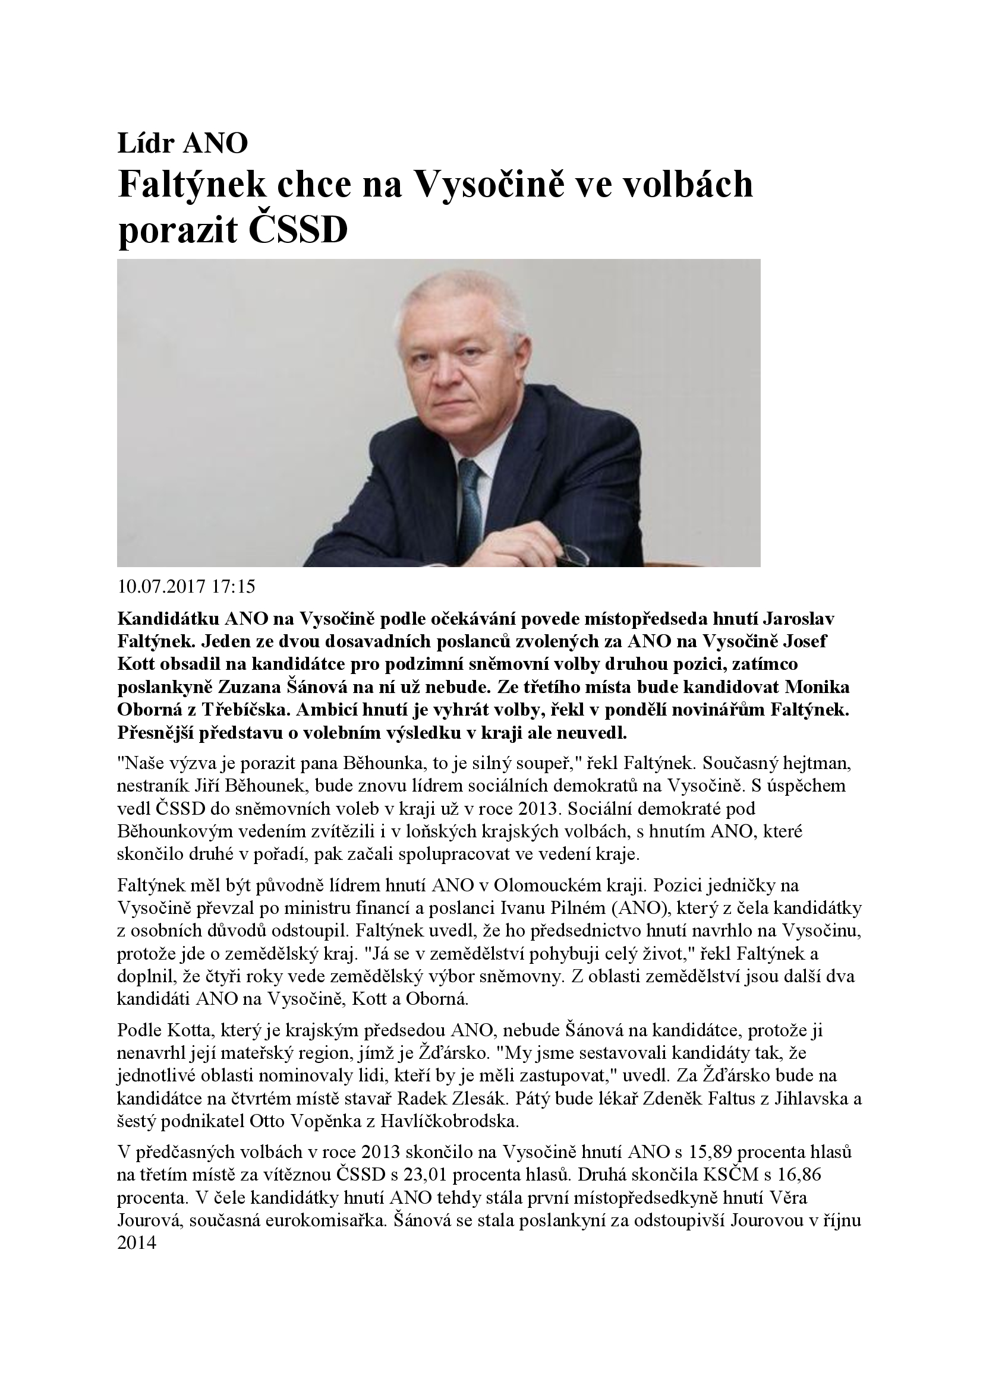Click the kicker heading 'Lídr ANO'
click(x=182, y=143)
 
